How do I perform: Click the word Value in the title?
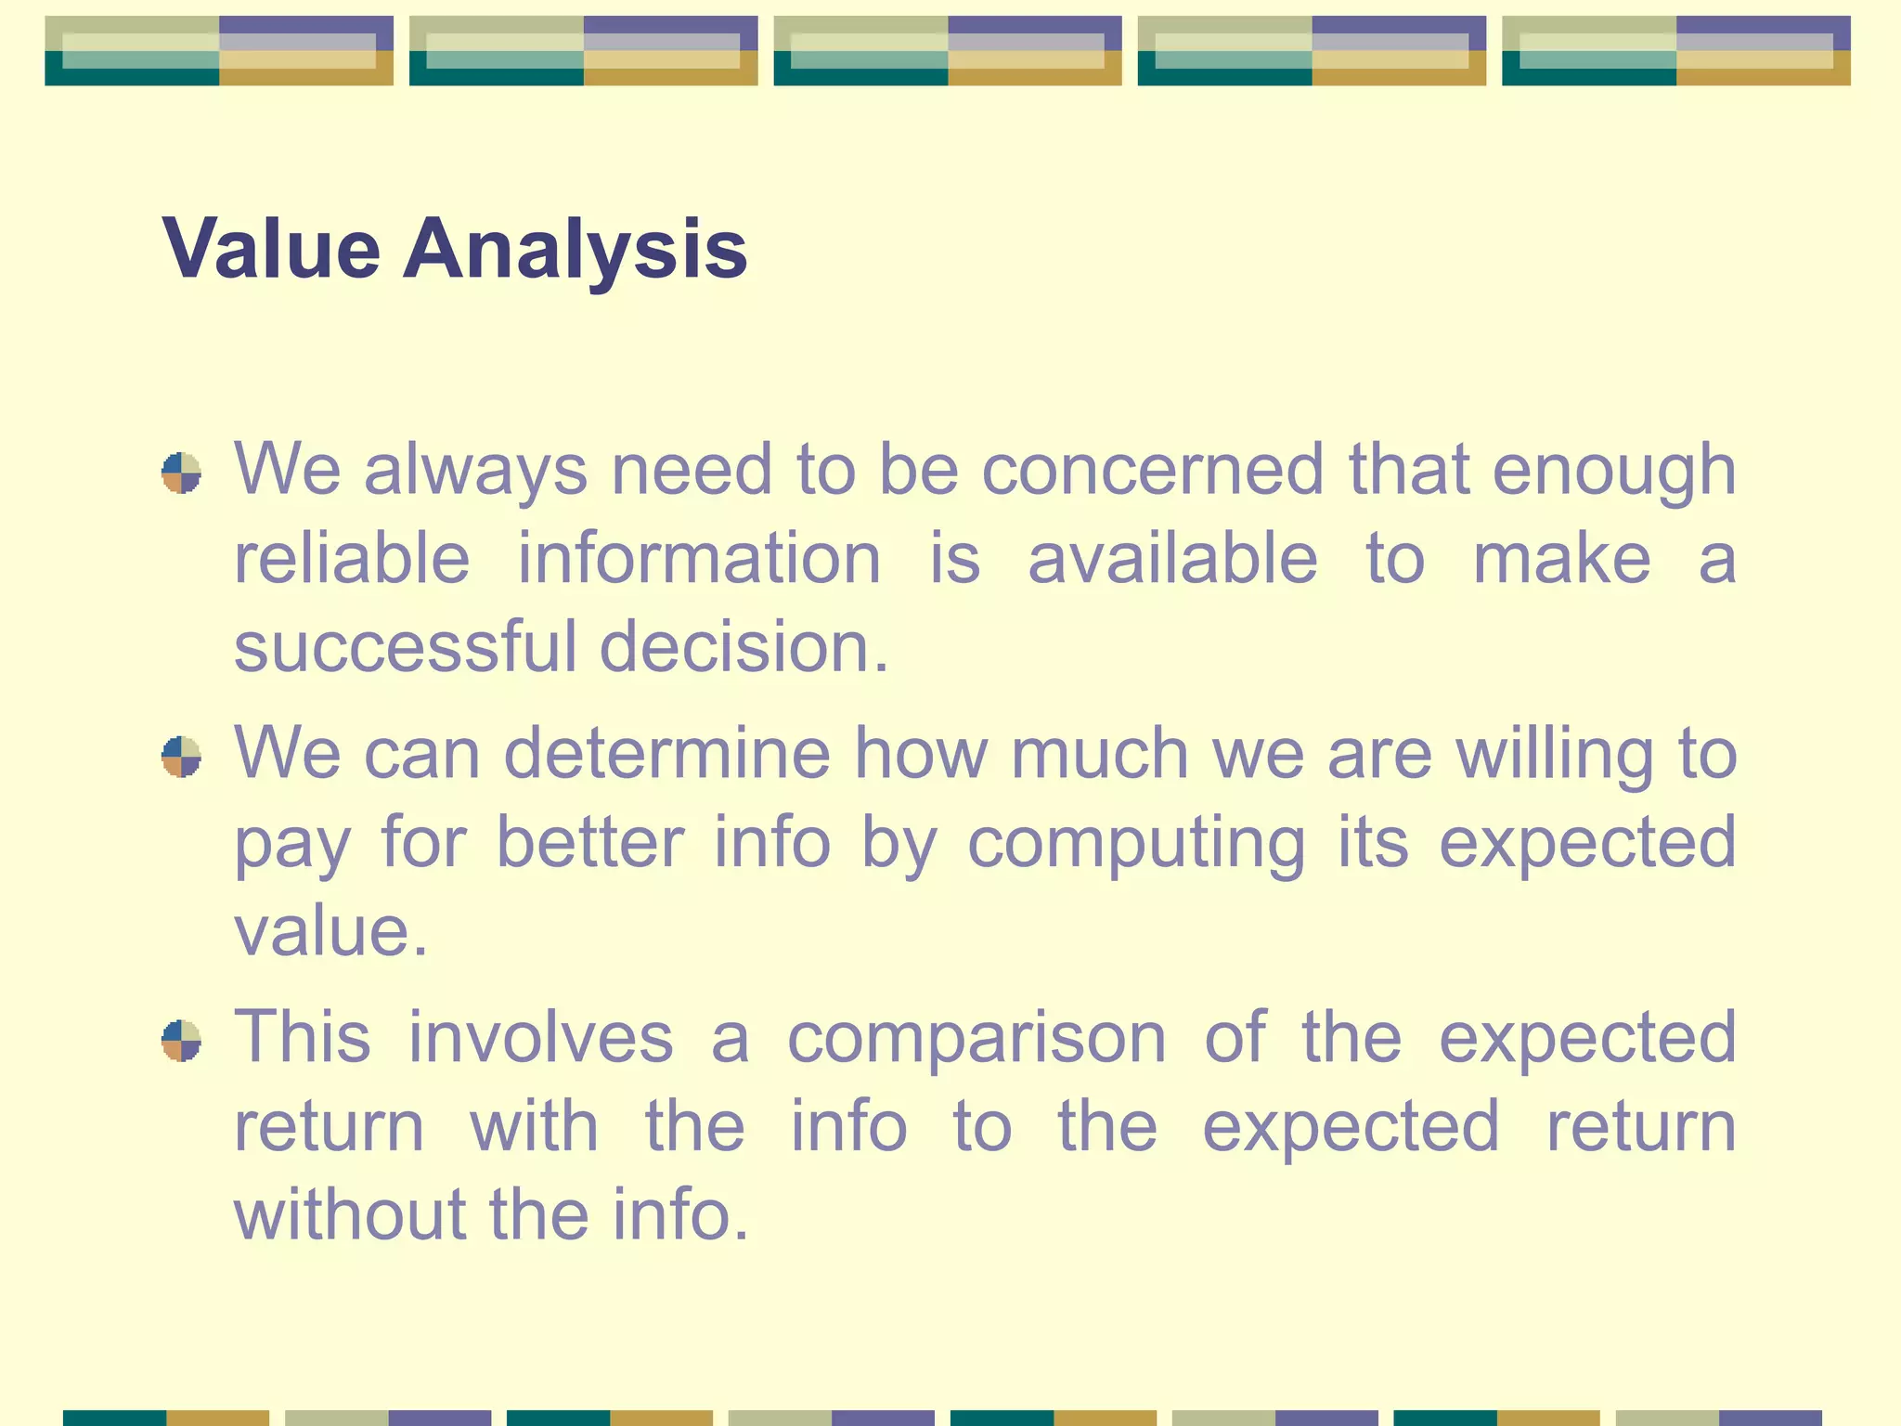(271, 249)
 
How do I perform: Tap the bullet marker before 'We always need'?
(181, 473)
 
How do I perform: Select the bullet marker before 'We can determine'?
(181, 757)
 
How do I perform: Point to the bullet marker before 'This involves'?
(181, 1041)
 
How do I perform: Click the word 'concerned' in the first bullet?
(1152, 469)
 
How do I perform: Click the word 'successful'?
(405, 646)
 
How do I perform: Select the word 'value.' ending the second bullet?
(330, 930)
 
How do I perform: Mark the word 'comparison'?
(976, 1037)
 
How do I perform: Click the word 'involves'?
(540, 1037)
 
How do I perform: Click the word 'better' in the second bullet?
(589, 842)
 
